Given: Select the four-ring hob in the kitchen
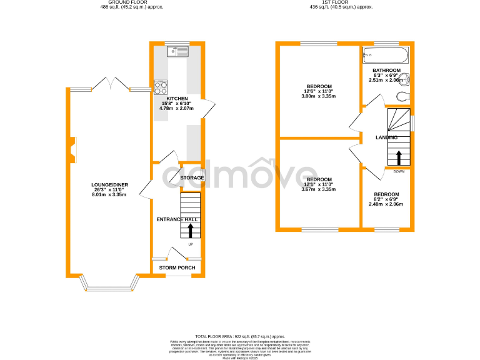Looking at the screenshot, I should [161, 87].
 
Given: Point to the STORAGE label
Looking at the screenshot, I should [192, 178].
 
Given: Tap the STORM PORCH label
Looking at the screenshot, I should [177, 268].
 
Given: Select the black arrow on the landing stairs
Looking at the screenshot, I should [398, 156].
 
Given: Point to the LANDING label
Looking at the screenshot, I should [386, 137].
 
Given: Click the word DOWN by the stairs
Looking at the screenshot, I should [399, 171].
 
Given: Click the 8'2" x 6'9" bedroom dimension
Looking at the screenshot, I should [384, 199].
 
